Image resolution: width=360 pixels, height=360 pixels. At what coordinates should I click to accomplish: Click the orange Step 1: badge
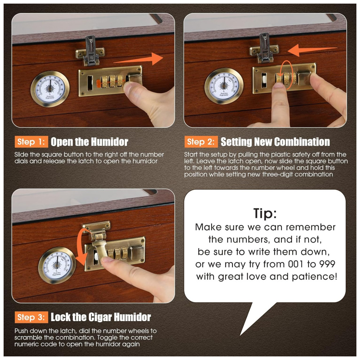(31, 141)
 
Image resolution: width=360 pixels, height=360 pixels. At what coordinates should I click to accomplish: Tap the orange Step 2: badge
(201, 141)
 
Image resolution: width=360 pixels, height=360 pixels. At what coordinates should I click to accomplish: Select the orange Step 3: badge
(31, 317)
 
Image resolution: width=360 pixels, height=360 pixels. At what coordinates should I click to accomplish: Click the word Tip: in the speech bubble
(265, 213)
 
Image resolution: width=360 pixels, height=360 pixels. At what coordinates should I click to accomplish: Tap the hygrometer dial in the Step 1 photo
(50, 89)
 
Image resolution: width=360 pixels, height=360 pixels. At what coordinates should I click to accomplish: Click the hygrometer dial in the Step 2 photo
(224, 86)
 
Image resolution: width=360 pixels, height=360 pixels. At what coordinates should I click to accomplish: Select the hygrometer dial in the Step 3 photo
(57, 265)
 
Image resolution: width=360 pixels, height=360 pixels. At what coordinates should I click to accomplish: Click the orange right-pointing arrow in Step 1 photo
(138, 59)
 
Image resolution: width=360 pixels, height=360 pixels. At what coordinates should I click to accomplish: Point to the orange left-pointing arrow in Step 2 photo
(312, 50)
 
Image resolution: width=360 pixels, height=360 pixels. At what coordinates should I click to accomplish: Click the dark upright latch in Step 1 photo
(91, 50)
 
